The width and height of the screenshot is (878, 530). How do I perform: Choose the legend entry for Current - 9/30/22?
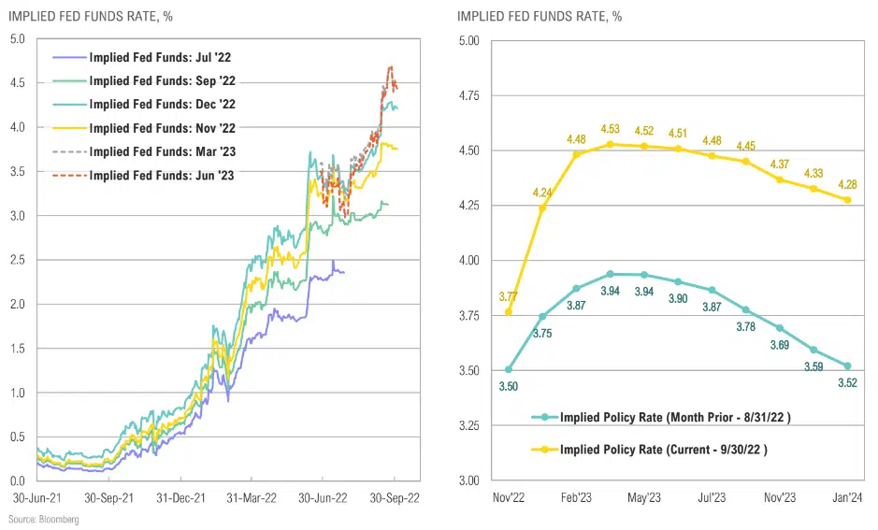point(663,449)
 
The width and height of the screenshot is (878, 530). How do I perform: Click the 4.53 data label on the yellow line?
point(611,130)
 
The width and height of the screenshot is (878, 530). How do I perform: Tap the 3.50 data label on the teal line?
point(508,385)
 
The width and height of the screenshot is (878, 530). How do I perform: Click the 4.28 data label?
point(847,184)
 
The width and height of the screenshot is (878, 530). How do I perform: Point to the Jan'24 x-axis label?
point(848,497)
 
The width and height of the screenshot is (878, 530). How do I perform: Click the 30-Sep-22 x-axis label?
point(395,498)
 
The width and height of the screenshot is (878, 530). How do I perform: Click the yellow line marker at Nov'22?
point(509,311)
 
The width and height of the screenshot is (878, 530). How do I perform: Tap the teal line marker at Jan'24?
point(848,365)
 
